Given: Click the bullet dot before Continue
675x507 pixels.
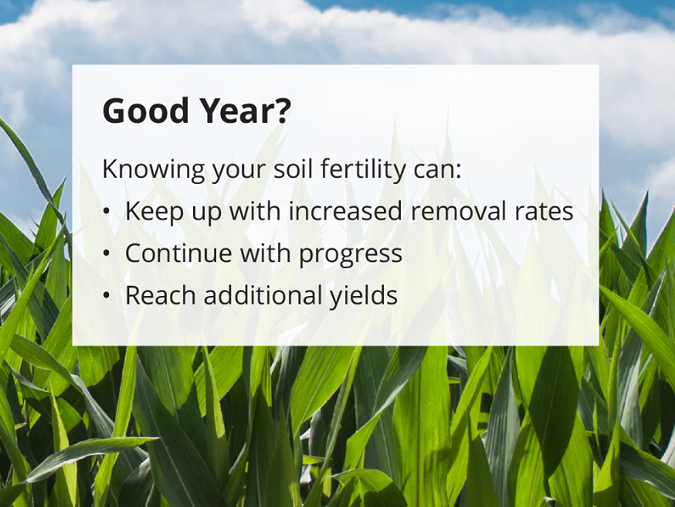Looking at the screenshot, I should tap(107, 254).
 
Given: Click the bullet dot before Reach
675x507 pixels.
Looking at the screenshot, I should tap(107, 296).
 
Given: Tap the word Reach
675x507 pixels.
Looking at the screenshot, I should tap(158, 294).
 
